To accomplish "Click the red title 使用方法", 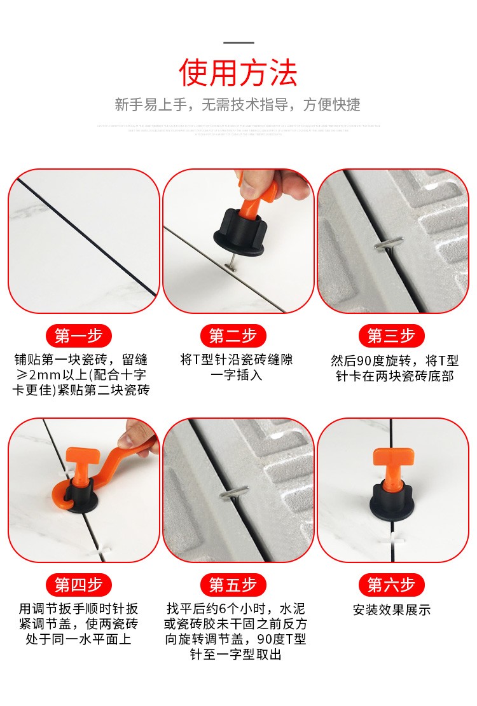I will tap(238, 72).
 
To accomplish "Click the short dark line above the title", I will tap(238, 43).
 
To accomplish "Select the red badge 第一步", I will tap(79, 335).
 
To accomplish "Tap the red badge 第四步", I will tap(79, 584).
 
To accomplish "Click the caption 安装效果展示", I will tap(392, 610).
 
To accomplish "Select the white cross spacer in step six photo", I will tap(389, 540).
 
